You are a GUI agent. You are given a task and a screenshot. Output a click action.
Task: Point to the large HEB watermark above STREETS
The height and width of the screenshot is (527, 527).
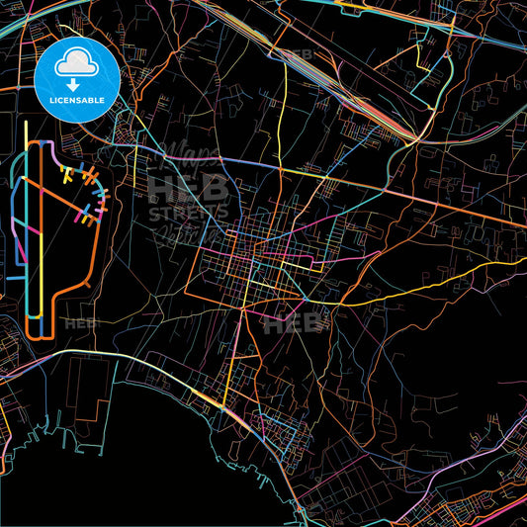point(188,188)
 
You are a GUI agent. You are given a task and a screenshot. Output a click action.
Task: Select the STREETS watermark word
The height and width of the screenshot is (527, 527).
point(188,211)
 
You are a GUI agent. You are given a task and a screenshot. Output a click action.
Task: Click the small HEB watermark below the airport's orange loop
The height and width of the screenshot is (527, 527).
point(76,323)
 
